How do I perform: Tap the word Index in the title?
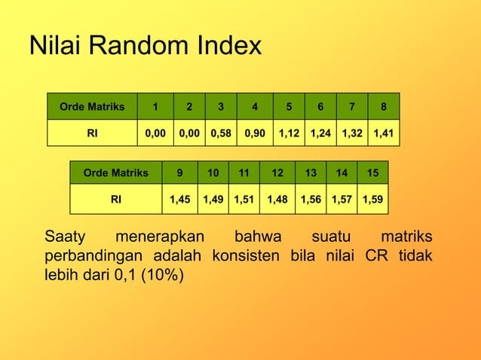tap(225, 46)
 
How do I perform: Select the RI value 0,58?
tap(220, 133)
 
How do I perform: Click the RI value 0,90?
tap(255, 133)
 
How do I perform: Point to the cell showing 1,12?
tap(290, 133)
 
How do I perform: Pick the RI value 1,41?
tap(384, 133)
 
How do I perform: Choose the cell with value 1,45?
tap(179, 200)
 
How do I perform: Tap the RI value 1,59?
tap(372, 200)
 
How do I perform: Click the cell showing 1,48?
tap(277, 200)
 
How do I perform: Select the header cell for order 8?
tap(384, 106)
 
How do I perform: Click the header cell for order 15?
tap(372, 172)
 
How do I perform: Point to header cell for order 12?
tap(277, 172)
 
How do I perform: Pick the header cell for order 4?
tap(255, 106)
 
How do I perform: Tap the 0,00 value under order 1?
tap(155, 133)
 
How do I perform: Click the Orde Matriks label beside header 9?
tap(116, 172)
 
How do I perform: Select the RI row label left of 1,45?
tap(116, 200)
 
